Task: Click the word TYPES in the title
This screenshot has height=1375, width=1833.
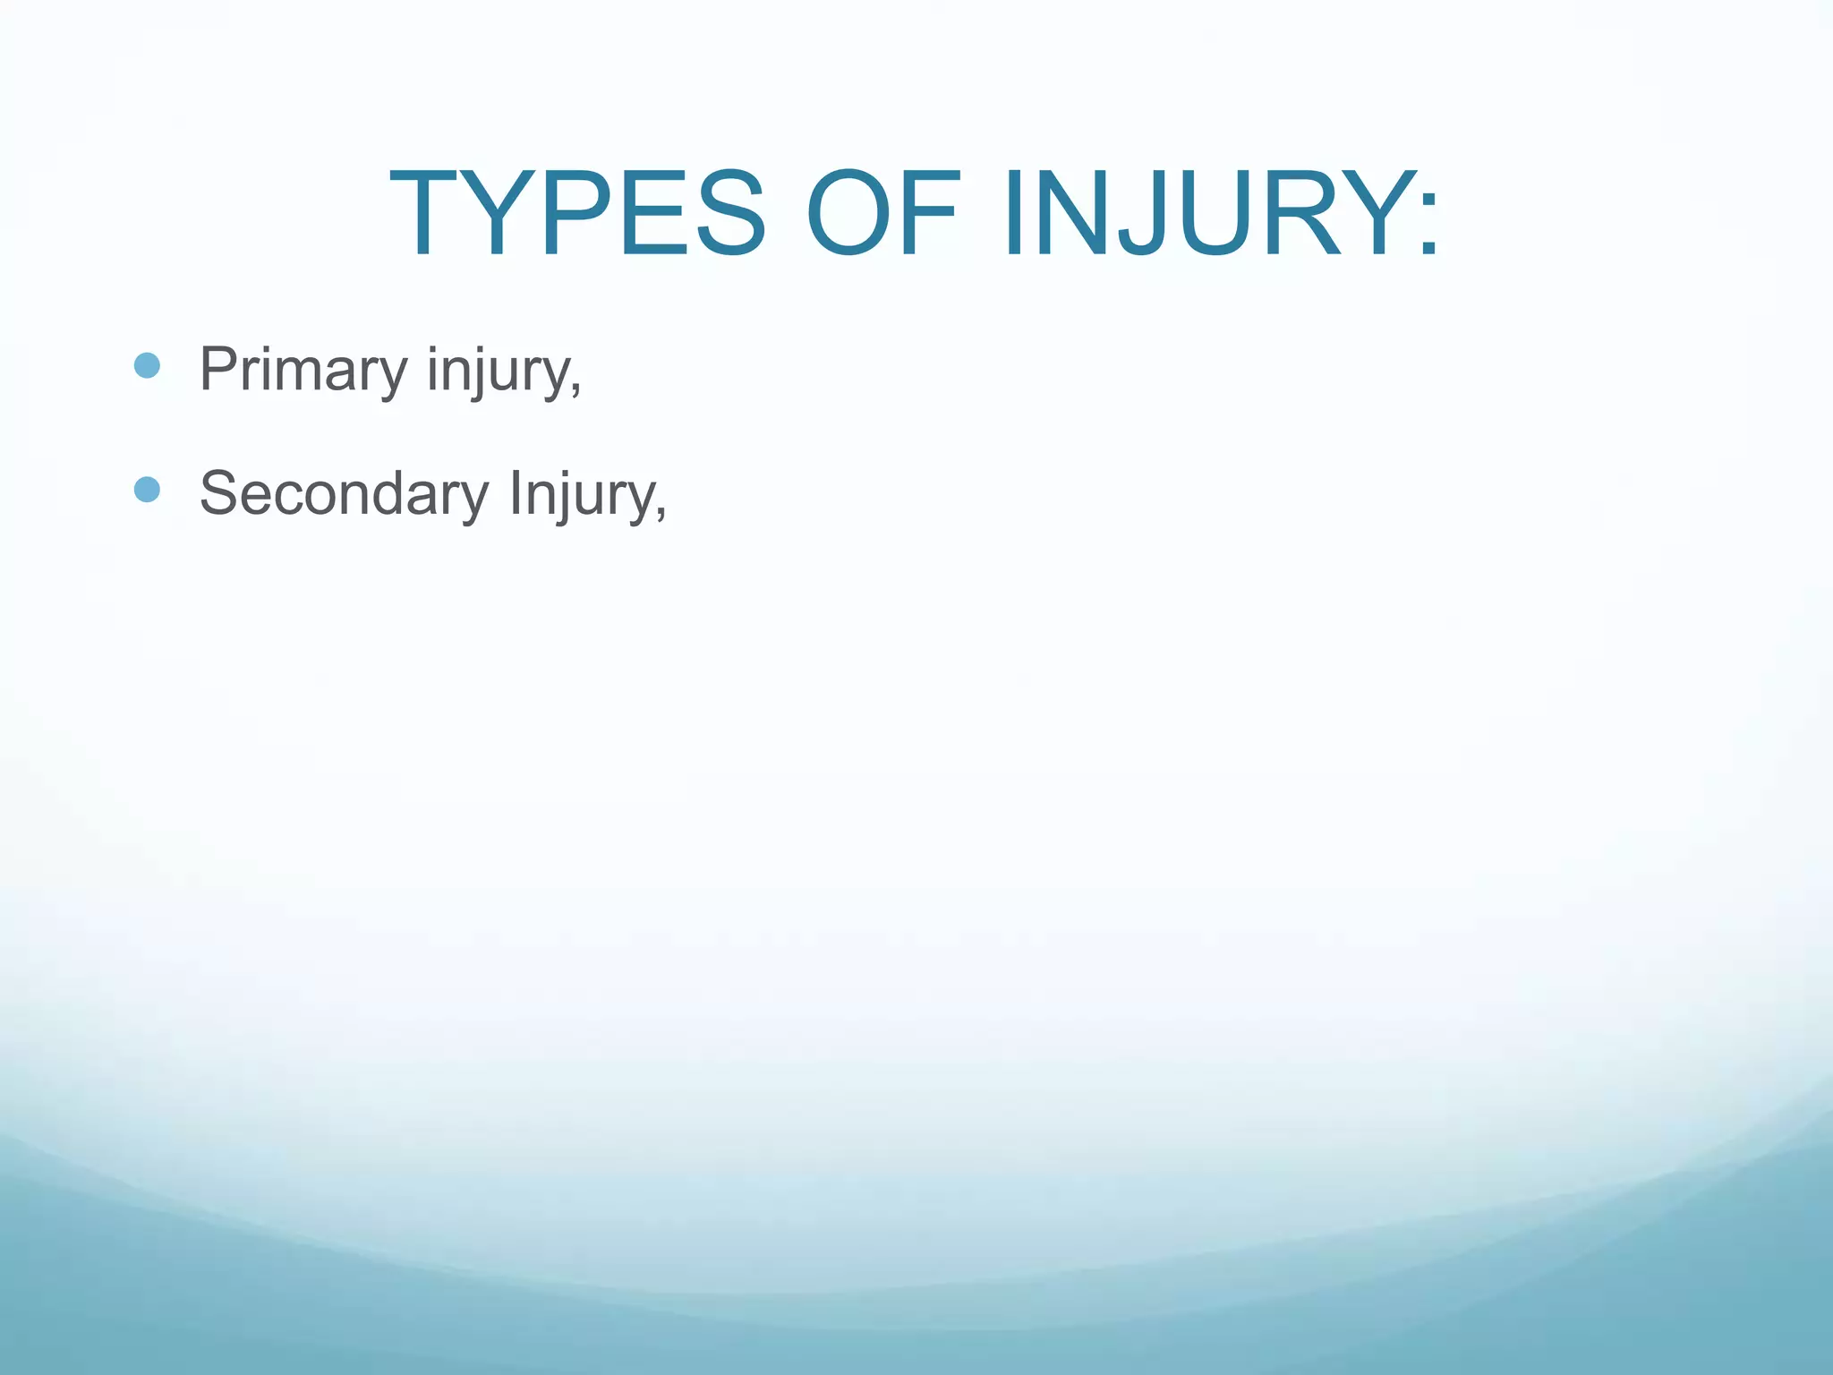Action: click(577, 215)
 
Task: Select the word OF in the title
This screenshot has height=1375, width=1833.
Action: click(882, 215)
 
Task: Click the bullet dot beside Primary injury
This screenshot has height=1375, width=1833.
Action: click(147, 365)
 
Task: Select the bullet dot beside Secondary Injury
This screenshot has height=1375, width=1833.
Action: click(147, 490)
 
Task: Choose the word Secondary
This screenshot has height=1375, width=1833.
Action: click(345, 493)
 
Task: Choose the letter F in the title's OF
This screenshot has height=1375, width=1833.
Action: click(931, 215)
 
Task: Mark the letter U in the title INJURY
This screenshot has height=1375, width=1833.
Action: click(1199, 215)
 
